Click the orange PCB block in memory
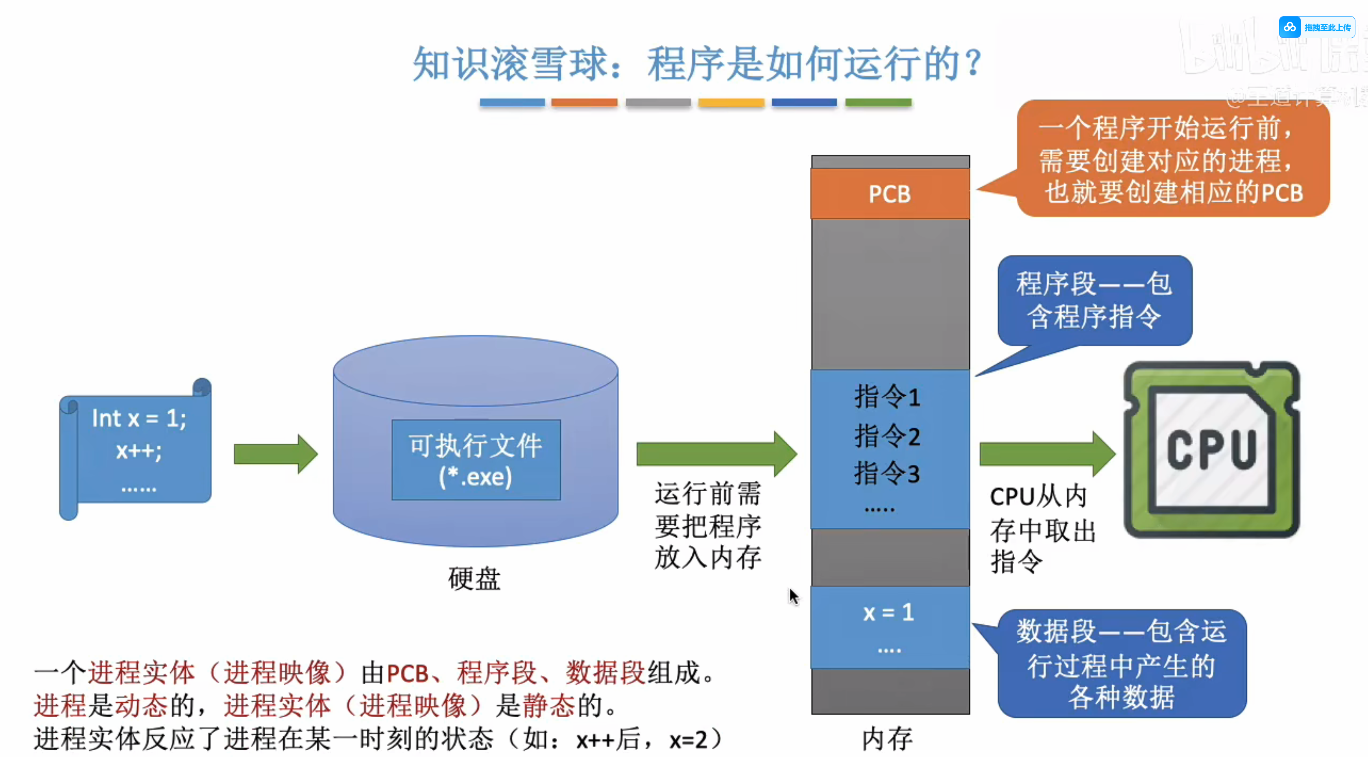(890, 194)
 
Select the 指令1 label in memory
(887, 397)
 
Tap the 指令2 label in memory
(887, 436)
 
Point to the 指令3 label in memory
(887, 473)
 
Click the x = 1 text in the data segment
(888, 613)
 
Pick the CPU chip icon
(1211, 450)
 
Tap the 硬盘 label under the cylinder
(474, 579)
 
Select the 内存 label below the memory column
(887, 739)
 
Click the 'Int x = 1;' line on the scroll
(139, 418)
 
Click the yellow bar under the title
(731, 102)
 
